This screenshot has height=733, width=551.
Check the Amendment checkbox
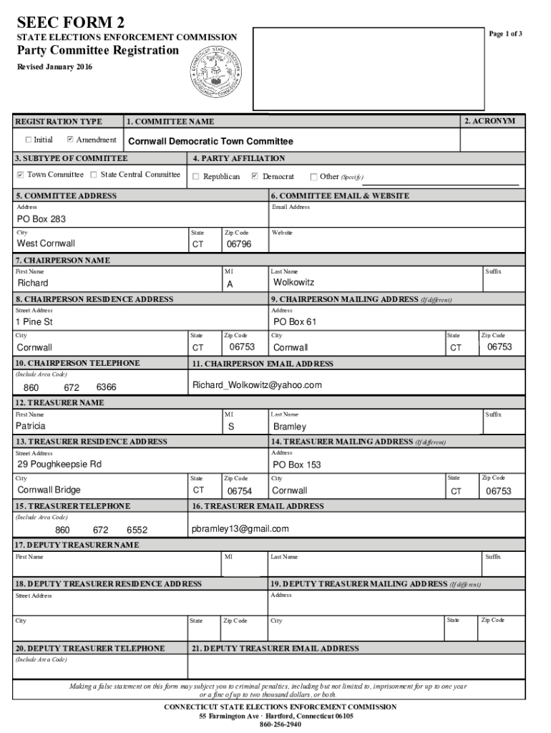tap(70, 140)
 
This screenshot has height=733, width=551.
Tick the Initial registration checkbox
tap(29, 140)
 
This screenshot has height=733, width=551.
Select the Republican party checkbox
tap(196, 177)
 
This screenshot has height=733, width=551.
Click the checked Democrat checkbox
tap(255, 177)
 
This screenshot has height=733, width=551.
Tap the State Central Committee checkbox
tap(94, 175)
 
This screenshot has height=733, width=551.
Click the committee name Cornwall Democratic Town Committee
tap(210, 142)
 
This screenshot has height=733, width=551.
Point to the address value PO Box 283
tap(42, 219)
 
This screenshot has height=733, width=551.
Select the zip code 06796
tap(238, 244)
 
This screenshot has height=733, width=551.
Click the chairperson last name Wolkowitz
tap(293, 283)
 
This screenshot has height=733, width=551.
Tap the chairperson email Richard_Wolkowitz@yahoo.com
tap(257, 385)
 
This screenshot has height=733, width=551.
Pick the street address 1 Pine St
tap(35, 322)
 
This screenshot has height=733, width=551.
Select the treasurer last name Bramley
tap(289, 427)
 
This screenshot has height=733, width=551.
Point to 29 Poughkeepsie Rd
tap(59, 465)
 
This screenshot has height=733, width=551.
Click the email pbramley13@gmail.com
tap(240, 529)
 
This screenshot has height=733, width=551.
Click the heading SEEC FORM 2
tap(64, 23)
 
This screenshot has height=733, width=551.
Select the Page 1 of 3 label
tap(505, 34)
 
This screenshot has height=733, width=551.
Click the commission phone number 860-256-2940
tap(280, 724)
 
